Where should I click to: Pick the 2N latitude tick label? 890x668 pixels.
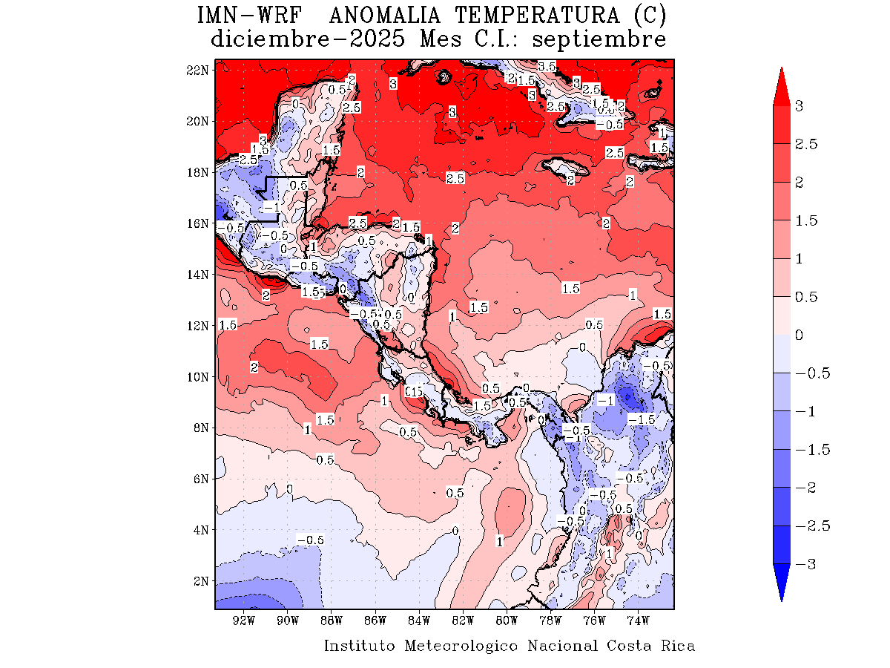200,581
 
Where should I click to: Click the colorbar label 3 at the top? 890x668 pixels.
799,106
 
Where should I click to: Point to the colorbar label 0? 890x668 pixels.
799,335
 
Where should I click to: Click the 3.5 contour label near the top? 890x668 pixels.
547,67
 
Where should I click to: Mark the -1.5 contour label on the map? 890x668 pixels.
642,420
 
